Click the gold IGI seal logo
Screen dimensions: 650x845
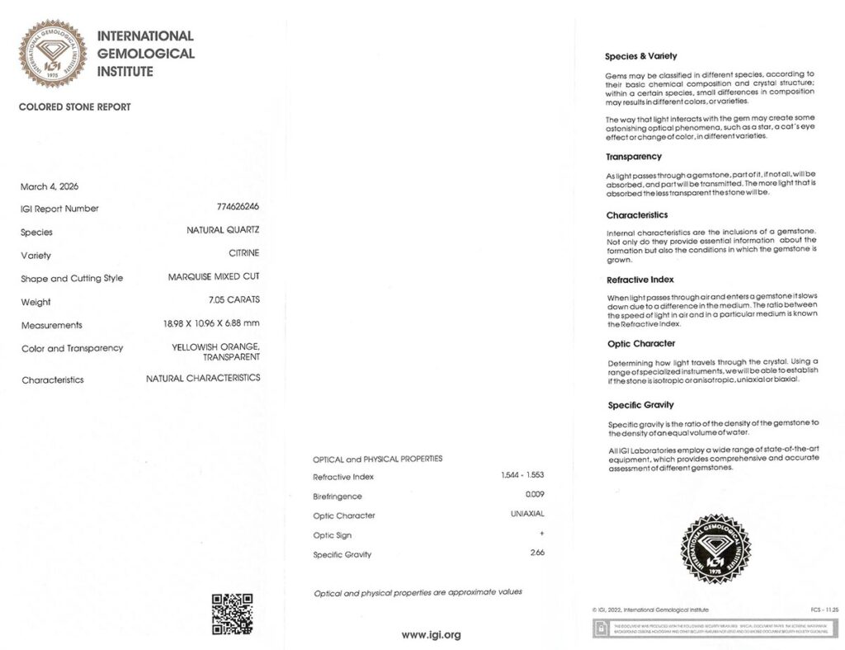point(53,54)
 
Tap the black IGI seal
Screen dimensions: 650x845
point(715,549)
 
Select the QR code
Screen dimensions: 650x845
point(232,614)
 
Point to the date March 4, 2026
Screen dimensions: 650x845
point(50,186)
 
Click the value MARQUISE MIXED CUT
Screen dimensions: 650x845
point(214,276)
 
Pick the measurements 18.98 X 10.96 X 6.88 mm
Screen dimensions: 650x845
point(211,323)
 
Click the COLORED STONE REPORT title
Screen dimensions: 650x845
point(74,107)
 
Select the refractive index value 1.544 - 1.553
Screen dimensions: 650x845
point(522,476)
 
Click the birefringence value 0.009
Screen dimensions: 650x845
point(535,494)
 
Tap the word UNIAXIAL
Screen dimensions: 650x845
point(527,514)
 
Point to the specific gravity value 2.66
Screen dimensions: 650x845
point(536,552)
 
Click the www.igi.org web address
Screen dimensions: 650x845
point(431,634)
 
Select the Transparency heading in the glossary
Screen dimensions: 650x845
point(634,157)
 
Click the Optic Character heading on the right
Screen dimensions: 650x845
point(641,343)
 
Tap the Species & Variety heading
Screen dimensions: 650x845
point(641,56)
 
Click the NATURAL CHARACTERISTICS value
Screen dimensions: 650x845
point(203,378)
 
